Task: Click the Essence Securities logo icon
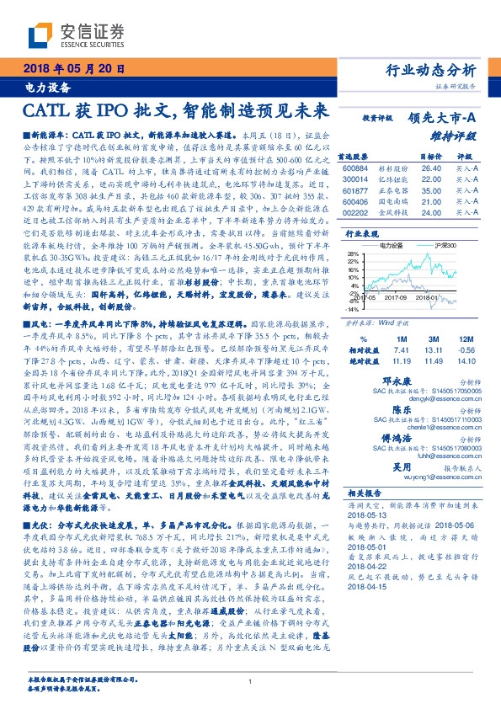(40, 35)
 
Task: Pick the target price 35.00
(430, 191)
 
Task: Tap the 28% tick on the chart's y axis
(347, 252)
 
